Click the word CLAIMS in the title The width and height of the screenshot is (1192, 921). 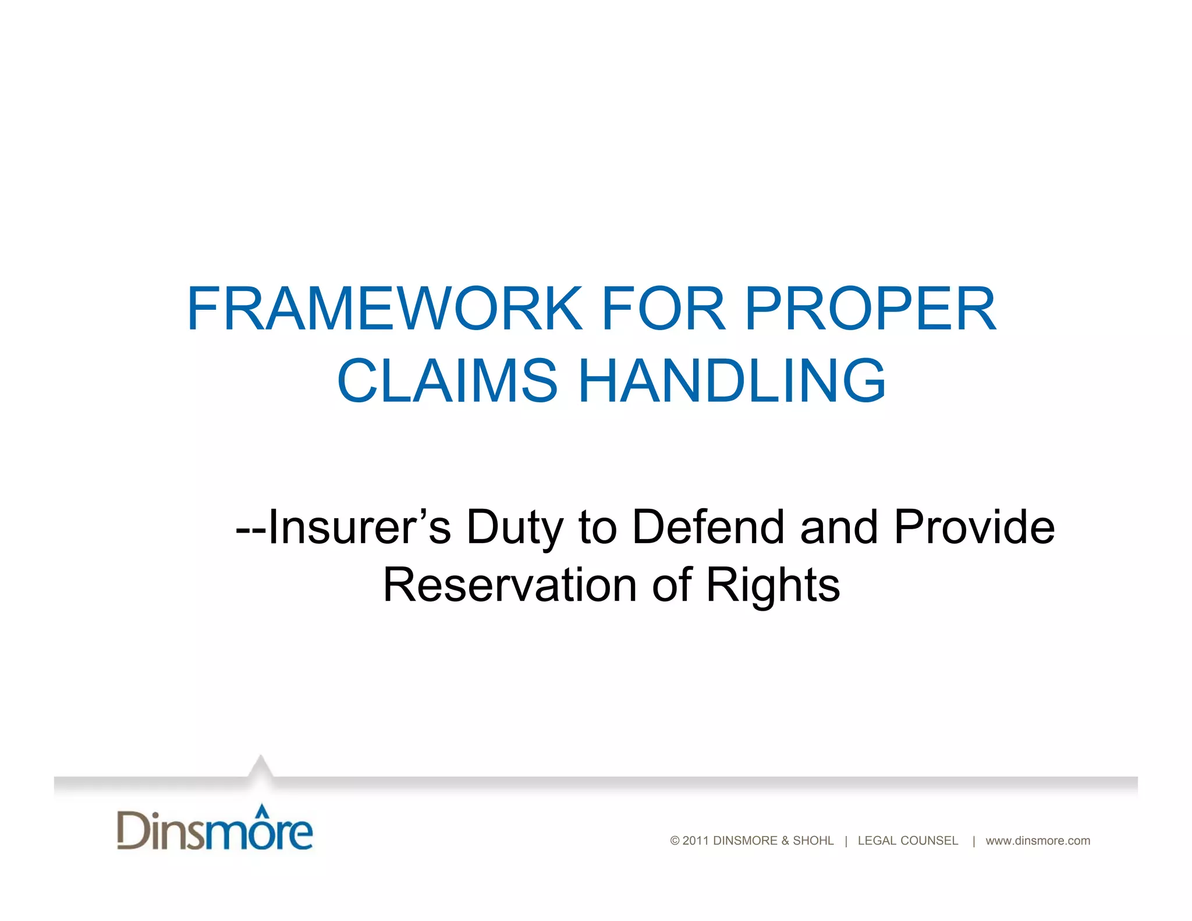[x=447, y=381]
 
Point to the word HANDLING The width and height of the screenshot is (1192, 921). [x=732, y=381]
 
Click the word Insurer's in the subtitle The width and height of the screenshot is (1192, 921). [x=359, y=527]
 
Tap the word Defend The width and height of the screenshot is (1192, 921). [x=708, y=527]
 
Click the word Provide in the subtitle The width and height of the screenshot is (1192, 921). [x=974, y=527]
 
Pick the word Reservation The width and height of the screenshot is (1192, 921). [x=510, y=585]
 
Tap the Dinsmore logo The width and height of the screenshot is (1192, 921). [x=215, y=829]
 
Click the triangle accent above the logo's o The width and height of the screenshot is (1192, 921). [x=263, y=809]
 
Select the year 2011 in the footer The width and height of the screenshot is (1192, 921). [x=696, y=841]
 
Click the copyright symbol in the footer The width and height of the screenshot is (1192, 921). [x=675, y=841]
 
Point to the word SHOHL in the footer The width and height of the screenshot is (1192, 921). [x=813, y=841]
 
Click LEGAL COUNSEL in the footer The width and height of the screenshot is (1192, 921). [x=907, y=841]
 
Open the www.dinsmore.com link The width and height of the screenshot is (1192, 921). [x=1038, y=841]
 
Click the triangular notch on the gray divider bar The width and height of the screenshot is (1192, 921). [x=261, y=767]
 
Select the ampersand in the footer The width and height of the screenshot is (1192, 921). [x=785, y=841]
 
